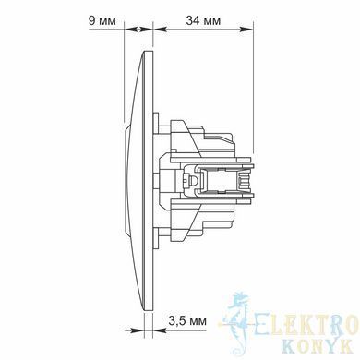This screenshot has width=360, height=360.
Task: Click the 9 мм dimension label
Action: (102, 21)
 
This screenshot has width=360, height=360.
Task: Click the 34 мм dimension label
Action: (203, 21)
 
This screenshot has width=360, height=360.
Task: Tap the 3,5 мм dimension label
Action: (187, 321)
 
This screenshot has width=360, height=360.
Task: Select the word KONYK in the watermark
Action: (317, 346)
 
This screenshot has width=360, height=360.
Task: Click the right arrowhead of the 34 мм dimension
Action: (247, 30)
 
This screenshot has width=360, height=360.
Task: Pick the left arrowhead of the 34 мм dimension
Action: (160, 30)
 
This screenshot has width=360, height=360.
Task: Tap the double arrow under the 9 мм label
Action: (138, 30)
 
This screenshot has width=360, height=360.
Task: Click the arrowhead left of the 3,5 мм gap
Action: (138, 330)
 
